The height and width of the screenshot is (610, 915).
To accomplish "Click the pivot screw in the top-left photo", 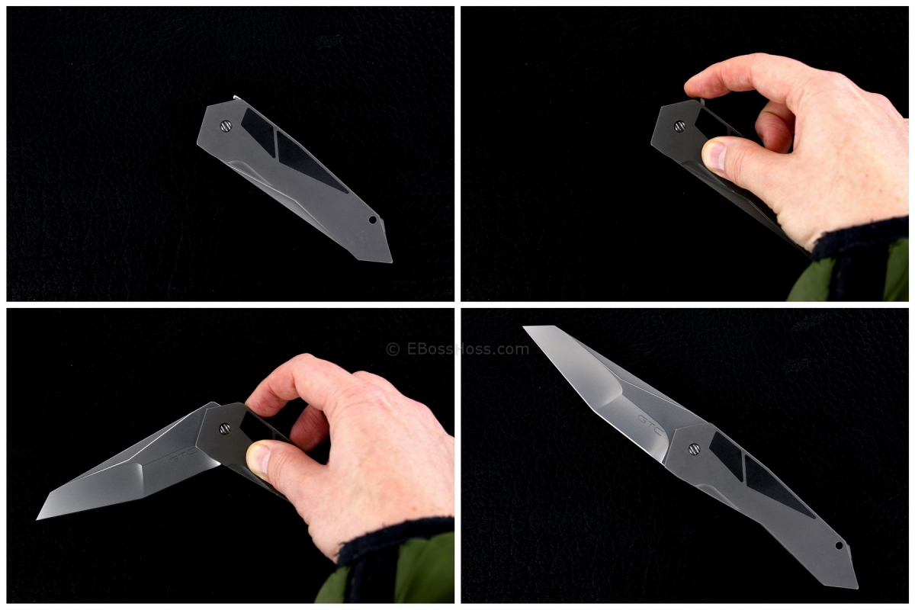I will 226,127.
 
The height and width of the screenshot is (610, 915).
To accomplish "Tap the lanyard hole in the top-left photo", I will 373,220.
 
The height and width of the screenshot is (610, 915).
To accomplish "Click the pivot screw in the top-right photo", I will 679,127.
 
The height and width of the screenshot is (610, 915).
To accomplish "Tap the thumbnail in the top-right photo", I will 714,156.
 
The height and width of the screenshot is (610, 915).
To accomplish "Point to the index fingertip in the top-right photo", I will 694,85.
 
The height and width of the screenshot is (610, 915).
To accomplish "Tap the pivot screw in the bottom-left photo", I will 225,429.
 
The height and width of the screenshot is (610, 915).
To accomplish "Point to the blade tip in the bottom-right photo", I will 526,329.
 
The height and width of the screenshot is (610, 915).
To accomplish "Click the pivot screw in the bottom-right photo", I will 694,449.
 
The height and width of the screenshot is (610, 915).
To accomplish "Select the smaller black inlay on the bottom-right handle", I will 726,456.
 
